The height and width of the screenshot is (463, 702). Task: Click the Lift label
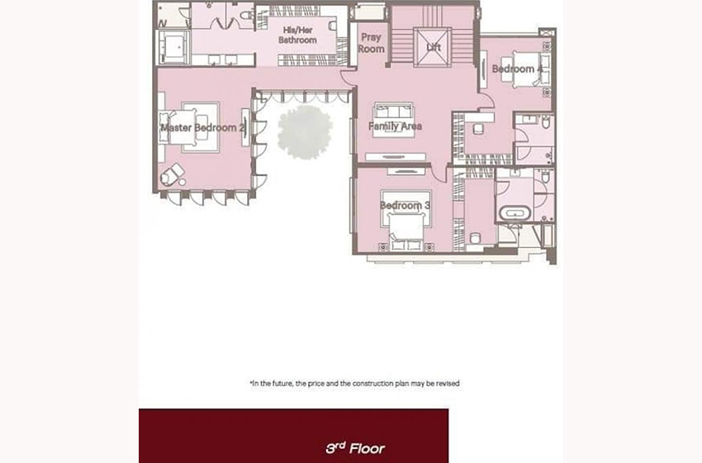tap(434, 47)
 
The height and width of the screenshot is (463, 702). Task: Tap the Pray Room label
tap(371, 43)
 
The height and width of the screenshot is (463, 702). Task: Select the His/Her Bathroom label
tap(297, 35)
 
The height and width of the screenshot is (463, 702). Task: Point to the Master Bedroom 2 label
tap(203, 128)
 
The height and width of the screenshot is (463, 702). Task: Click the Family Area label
tap(395, 126)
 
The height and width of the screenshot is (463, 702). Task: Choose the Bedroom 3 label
tap(406, 205)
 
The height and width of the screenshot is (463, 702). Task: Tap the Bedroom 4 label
tap(517, 69)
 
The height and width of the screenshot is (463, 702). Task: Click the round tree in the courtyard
tap(305, 131)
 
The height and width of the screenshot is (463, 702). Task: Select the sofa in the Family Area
tap(393, 112)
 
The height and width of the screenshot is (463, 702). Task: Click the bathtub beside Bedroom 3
tap(515, 212)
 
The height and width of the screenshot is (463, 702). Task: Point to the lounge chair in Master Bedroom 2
tap(172, 174)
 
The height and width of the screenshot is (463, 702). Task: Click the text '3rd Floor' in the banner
tap(355, 448)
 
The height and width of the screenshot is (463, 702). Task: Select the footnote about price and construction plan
tap(354, 384)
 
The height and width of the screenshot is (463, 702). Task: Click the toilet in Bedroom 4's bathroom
tap(545, 122)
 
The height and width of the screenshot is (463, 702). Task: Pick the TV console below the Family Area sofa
tap(396, 157)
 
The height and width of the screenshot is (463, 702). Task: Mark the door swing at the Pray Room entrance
tap(348, 78)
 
